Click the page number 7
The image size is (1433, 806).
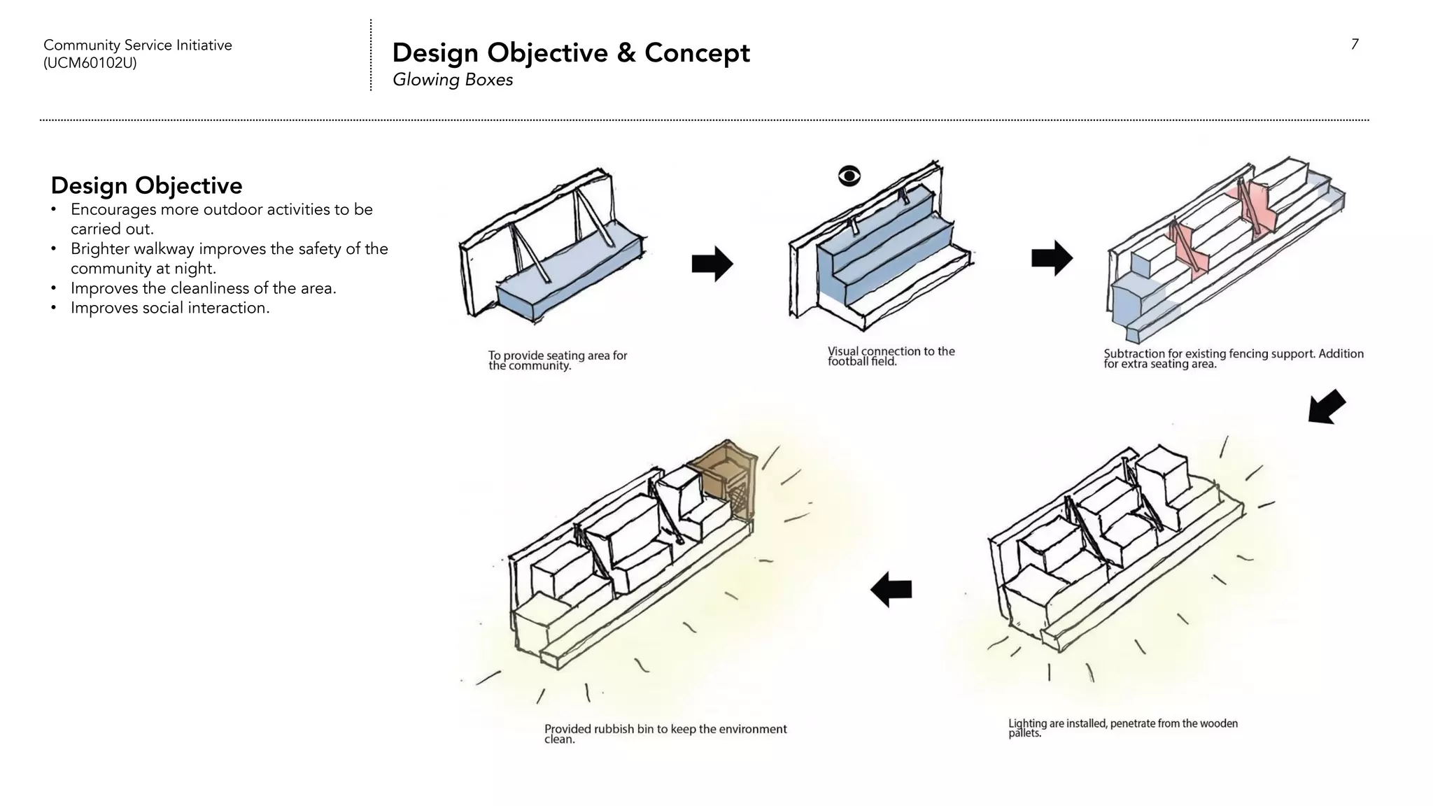click(1355, 45)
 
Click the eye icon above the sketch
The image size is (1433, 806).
click(849, 176)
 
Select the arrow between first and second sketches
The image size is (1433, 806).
click(712, 264)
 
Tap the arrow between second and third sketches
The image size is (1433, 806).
click(1052, 258)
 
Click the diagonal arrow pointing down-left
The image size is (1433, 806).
click(1326, 407)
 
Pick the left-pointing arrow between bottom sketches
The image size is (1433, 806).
click(891, 589)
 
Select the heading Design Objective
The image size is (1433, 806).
click(146, 185)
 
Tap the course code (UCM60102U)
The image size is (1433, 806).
click(90, 63)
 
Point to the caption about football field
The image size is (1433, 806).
click(890, 356)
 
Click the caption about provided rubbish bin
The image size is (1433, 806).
click(665, 733)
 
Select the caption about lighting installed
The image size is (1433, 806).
click(1122, 728)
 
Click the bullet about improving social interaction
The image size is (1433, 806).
click(169, 308)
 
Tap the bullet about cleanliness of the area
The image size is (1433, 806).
click(203, 288)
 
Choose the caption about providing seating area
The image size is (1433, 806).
click(557, 360)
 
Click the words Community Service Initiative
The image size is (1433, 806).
click(137, 45)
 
